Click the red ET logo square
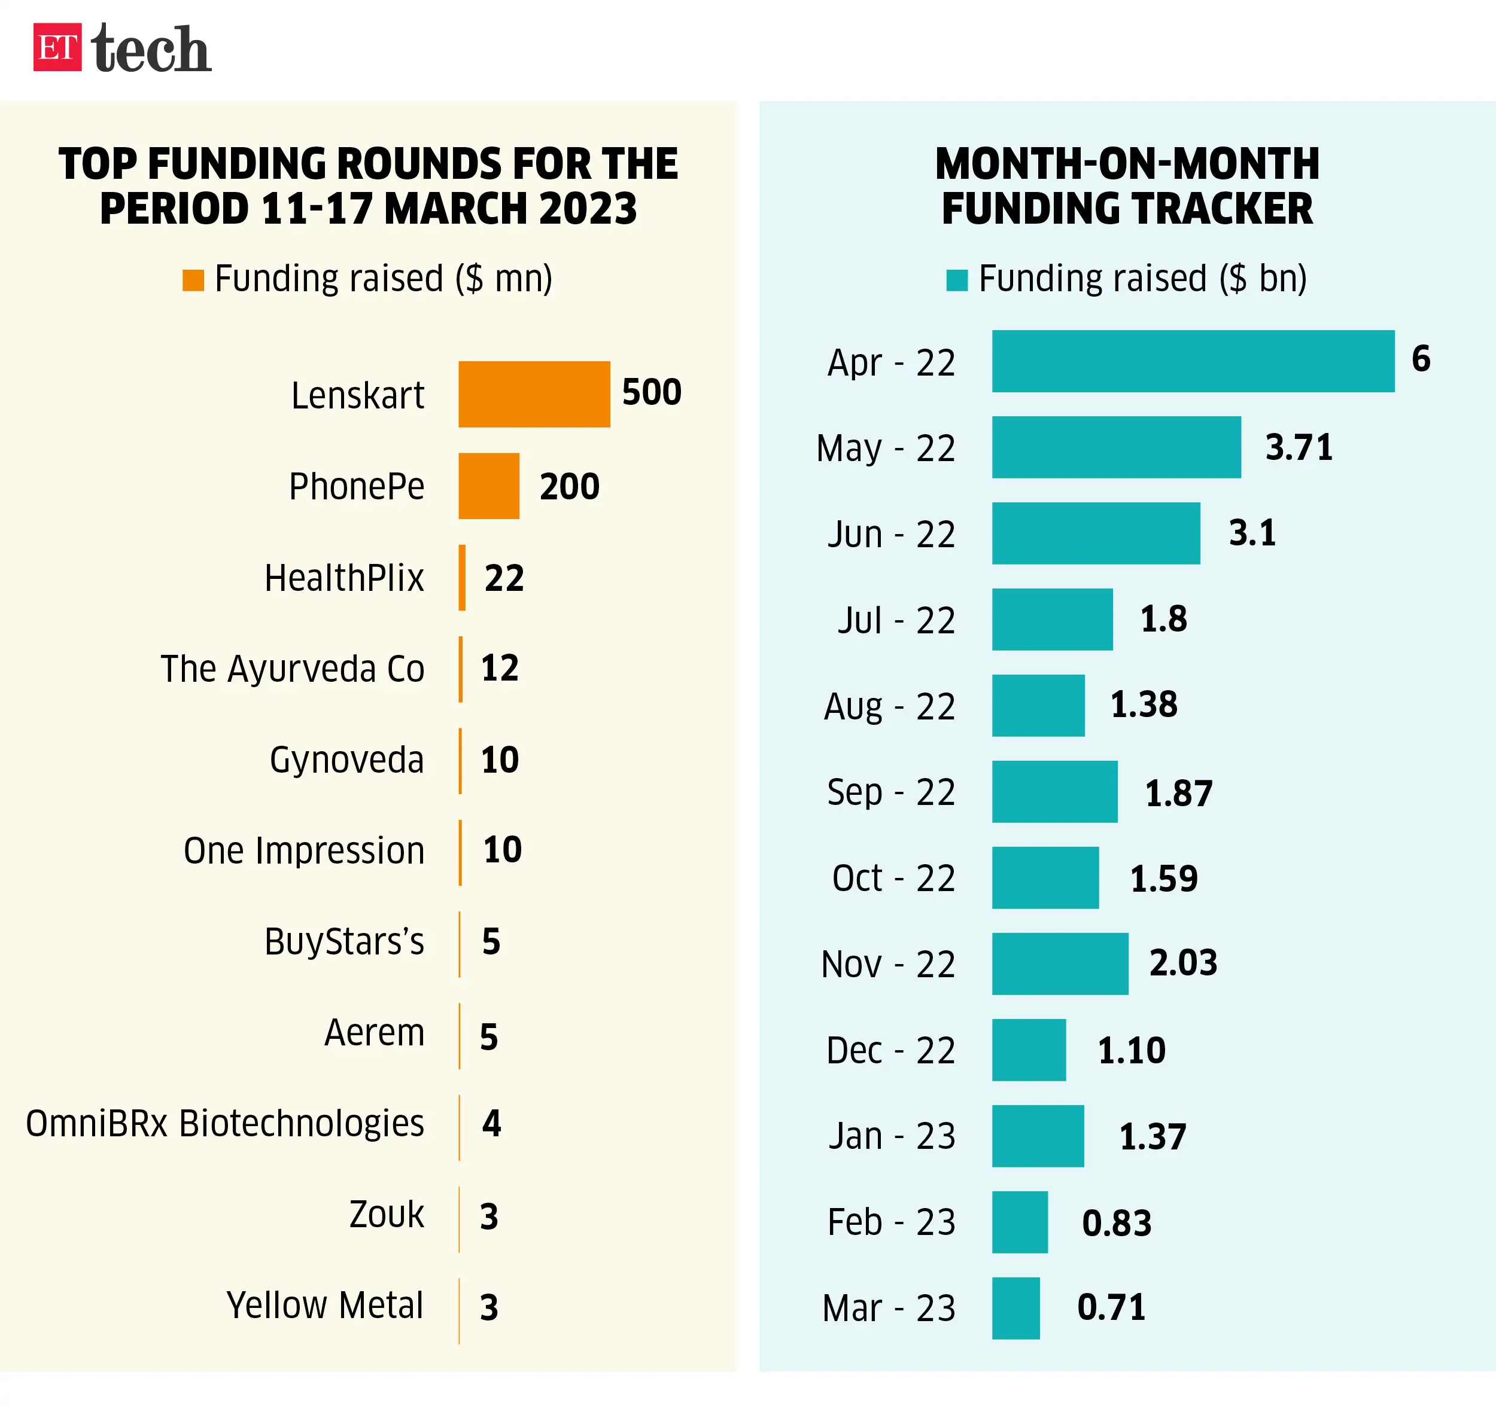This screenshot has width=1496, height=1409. click(57, 47)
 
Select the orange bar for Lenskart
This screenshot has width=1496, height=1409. click(534, 394)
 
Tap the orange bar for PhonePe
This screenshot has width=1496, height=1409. click(488, 486)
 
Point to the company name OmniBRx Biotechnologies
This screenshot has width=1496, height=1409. click(224, 1123)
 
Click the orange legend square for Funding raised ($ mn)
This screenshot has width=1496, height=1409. click(193, 280)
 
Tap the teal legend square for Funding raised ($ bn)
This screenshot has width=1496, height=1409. click(956, 280)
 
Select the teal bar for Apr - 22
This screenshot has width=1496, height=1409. click(1193, 361)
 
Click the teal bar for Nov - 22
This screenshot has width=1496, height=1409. click(1060, 963)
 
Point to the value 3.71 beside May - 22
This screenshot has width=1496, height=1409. click(1299, 447)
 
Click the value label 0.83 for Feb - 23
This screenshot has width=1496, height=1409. click(1117, 1223)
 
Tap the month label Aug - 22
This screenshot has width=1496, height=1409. click(889, 706)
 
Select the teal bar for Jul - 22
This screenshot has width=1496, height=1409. click(1052, 619)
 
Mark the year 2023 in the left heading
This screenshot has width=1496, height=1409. click(588, 209)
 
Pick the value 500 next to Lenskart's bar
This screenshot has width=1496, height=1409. click(652, 392)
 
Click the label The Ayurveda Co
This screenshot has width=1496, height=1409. click(292, 669)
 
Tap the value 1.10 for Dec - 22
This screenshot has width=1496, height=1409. click(1131, 1050)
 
